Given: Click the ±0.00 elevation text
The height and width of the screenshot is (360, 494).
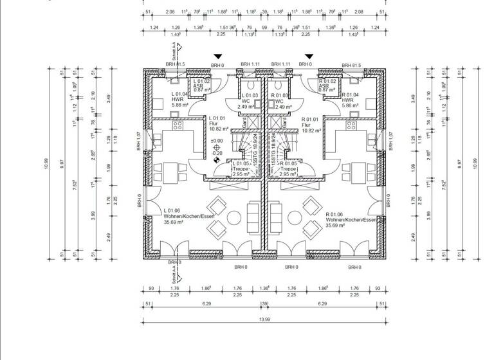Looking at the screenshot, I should coord(217,140).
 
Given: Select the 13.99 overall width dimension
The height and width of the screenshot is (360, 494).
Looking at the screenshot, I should coord(264,320).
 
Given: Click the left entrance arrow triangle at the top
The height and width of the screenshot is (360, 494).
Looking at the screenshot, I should coord(218,57).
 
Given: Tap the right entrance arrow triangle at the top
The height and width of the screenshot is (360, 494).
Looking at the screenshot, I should coord(309,57).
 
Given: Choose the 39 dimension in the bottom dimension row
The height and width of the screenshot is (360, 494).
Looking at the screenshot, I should coord(264,303).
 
